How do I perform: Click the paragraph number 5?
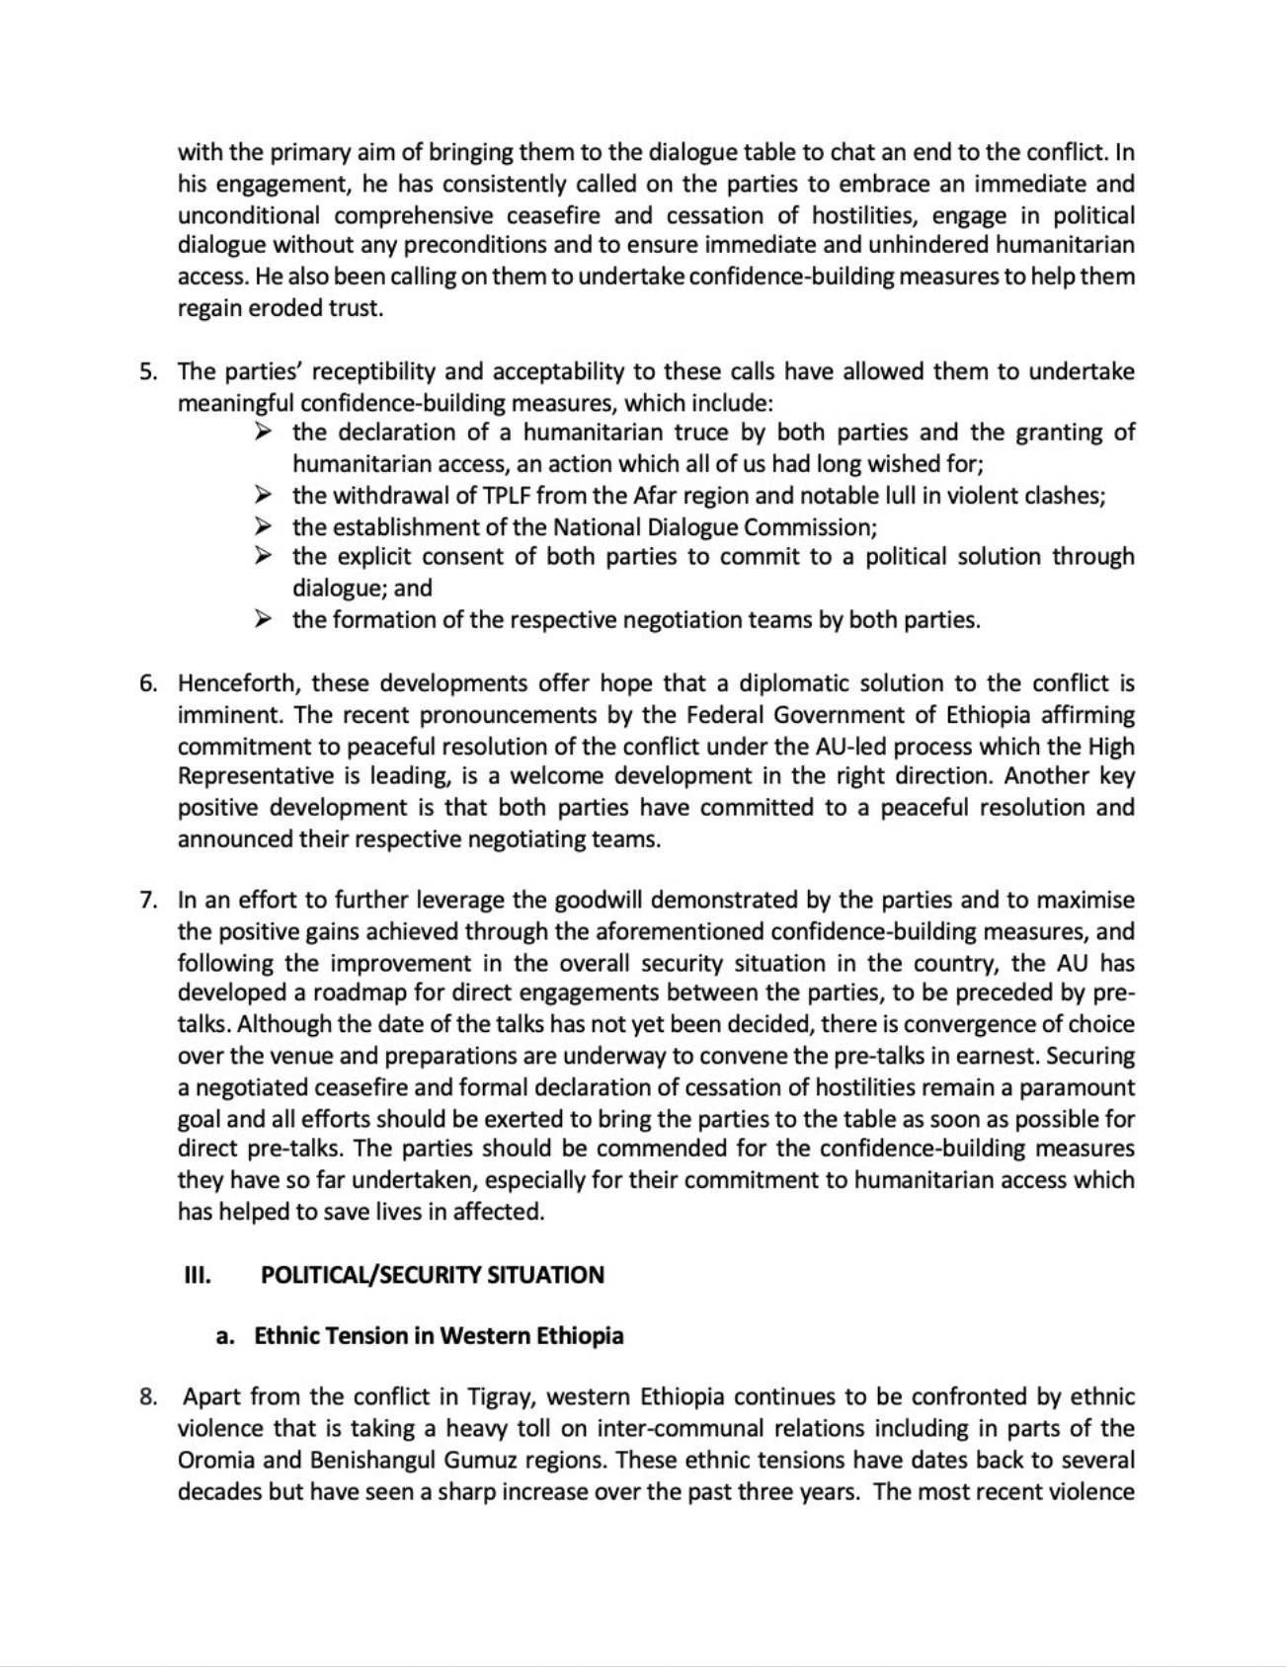click(x=147, y=372)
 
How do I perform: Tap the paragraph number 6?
click(x=147, y=683)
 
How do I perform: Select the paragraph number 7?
click(x=147, y=901)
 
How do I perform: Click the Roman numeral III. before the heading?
click(x=198, y=1275)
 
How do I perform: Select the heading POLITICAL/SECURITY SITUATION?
click(x=432, y=1275)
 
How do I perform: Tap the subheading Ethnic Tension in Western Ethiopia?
click(x=439, y=1336)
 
